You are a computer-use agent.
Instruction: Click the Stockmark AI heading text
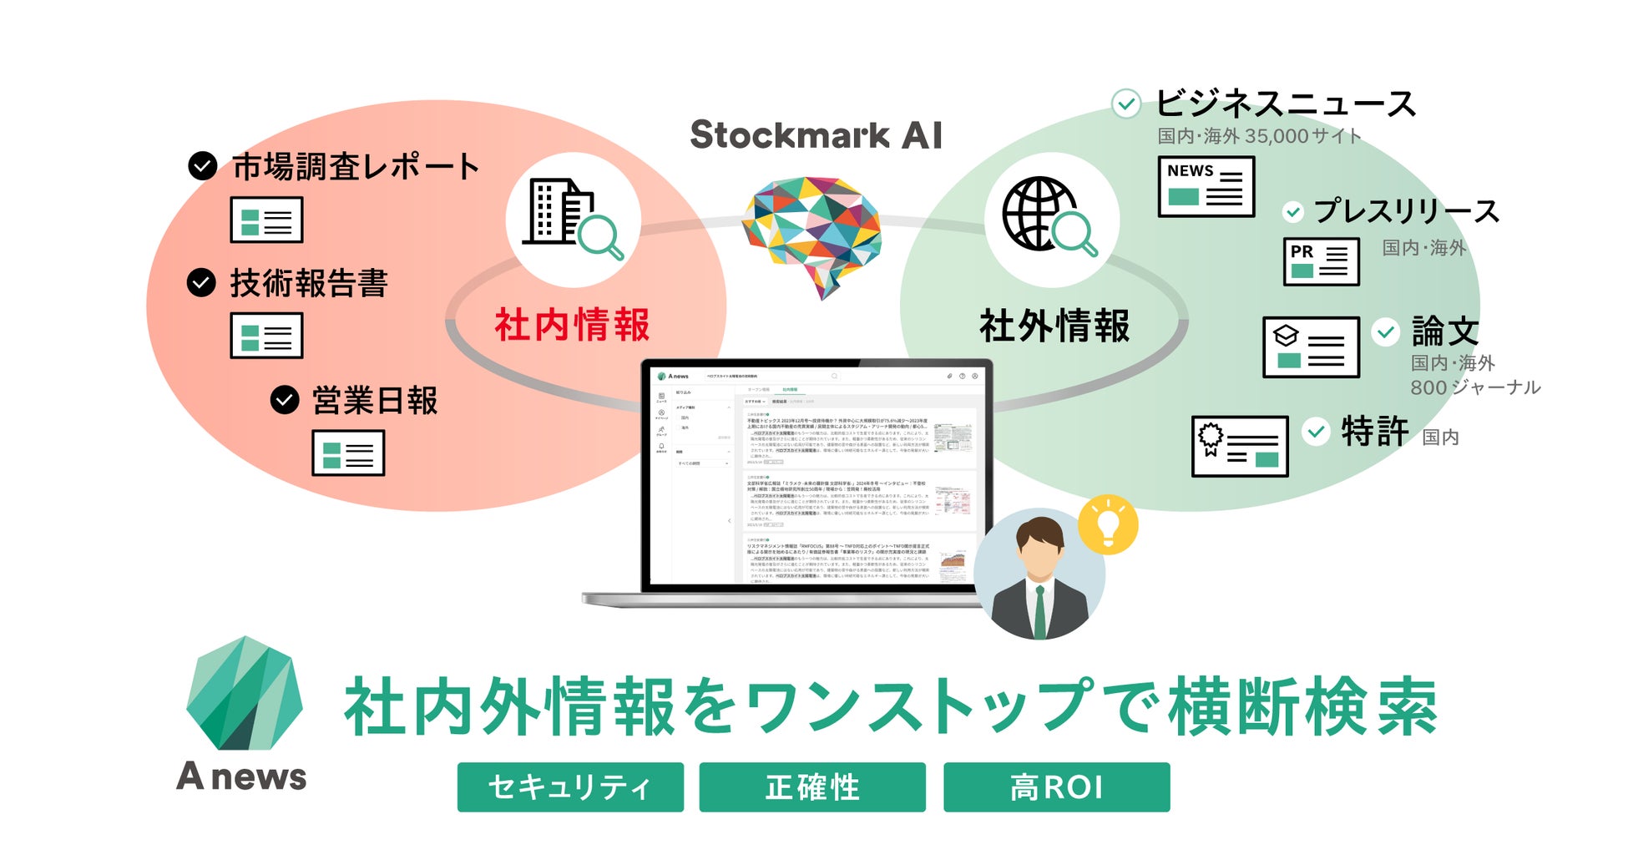(816, 135)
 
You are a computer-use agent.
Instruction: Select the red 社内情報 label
(572, 325)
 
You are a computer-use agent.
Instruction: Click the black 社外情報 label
(1054, 326)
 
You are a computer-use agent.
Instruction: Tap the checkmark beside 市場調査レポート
(203, 165)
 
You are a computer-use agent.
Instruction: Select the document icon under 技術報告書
(266, 336)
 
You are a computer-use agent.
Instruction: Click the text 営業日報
(375, 401)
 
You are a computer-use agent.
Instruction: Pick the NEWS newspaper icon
(1206, 186)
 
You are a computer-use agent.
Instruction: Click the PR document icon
(1321, 261)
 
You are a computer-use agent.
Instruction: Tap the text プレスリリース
(1407, 211)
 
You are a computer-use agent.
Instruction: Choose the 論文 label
(1445, 332)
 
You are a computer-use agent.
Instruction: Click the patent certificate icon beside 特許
(1240, 446)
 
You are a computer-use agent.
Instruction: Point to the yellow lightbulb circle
(1108, 525)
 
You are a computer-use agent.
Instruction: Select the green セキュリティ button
(570, 787)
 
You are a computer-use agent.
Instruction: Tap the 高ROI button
(1056, 787)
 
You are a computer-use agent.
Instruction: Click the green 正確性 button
(812, 787)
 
